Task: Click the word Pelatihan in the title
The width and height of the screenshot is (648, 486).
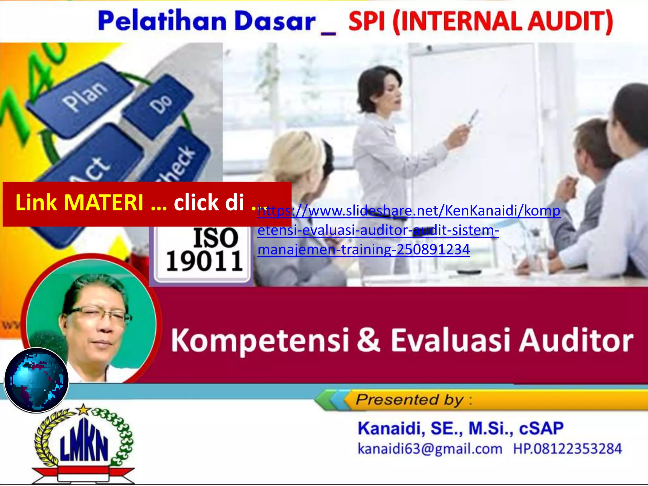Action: [162, 21]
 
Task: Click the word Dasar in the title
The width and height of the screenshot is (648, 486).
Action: [275, 21]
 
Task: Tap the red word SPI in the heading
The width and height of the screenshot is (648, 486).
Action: [367, 21]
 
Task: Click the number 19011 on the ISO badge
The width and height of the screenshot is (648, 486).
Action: [204, 261]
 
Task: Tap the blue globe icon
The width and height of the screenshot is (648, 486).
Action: [36, 380]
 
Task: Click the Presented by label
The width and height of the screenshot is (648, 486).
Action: [410, 400]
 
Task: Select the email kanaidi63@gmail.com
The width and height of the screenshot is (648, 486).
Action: [430, 449]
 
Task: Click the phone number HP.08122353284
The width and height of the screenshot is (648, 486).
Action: [567, 449]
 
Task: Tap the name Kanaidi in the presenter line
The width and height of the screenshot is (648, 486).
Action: [391, 428]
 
